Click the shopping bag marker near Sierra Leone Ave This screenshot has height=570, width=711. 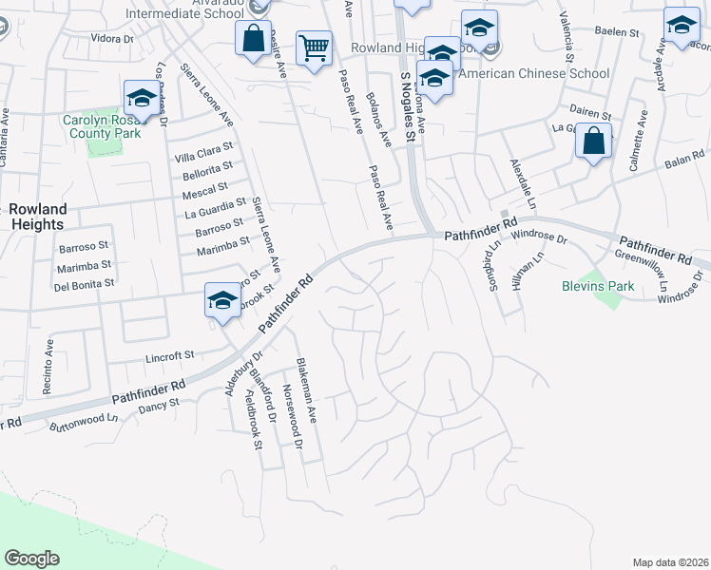[253, 39]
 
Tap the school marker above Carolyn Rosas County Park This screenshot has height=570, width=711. [142, 97]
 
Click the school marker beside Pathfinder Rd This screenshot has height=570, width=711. [222, 301]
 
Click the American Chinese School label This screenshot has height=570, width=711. [536, 73]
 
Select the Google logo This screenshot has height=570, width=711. [31, 559]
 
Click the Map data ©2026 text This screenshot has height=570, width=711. [670, 562]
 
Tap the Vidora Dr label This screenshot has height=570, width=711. [112, 39]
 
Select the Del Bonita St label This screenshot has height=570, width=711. [84, 283]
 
